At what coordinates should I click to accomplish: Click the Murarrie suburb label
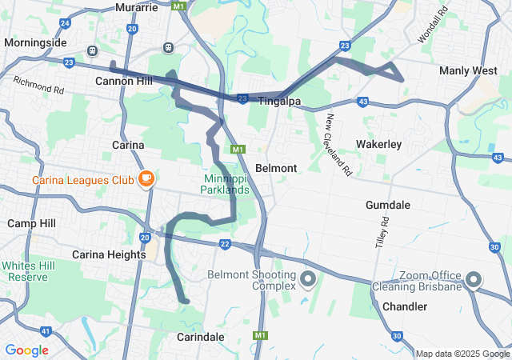point(138,7)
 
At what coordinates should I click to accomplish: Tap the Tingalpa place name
point(278,99)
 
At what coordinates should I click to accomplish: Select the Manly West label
point(468,71)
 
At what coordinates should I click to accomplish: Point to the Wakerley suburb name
point(378,144)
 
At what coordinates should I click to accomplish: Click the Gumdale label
point(388,205)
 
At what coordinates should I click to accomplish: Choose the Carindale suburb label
point(200,337)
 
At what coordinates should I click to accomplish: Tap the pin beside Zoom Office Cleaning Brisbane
point(474,280)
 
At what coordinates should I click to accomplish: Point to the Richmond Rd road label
point(38,85)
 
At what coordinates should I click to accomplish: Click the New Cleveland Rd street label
point(338,145)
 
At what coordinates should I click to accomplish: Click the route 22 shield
point(225,244)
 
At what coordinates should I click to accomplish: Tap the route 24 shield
point(64,24)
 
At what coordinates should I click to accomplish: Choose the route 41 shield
point(46,331)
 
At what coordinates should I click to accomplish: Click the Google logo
point(26,350)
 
